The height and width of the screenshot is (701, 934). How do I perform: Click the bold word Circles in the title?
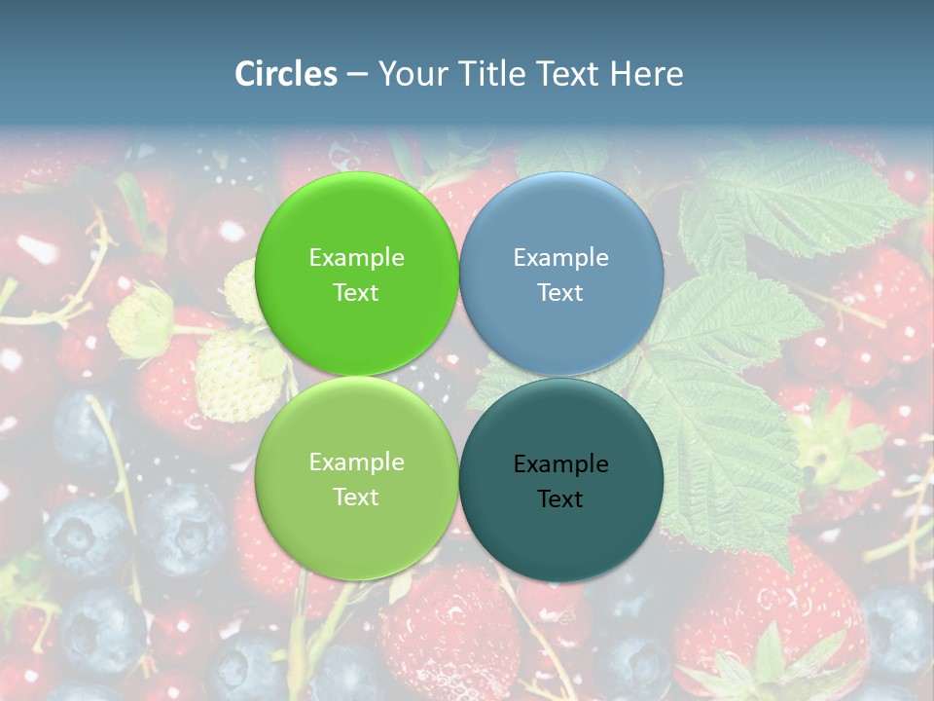point(285,74)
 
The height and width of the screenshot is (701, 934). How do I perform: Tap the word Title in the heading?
point(496,74)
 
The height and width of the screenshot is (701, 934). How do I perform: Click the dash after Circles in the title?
point(357,75)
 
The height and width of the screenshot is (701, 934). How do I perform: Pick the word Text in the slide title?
point(569,74)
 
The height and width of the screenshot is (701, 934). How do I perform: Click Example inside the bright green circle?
point(356,257)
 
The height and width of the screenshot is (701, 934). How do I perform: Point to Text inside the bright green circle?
point(356,292)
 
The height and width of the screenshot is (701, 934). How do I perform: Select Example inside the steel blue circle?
point(560,257)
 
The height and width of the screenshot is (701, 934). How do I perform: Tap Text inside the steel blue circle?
point(560,292)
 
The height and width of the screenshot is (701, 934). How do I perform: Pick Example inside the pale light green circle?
point(356,461)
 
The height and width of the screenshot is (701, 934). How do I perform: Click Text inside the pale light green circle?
point(356,497)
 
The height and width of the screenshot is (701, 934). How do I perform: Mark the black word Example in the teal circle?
point(560,463)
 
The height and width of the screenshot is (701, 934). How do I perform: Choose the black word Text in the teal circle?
point(560,498)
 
